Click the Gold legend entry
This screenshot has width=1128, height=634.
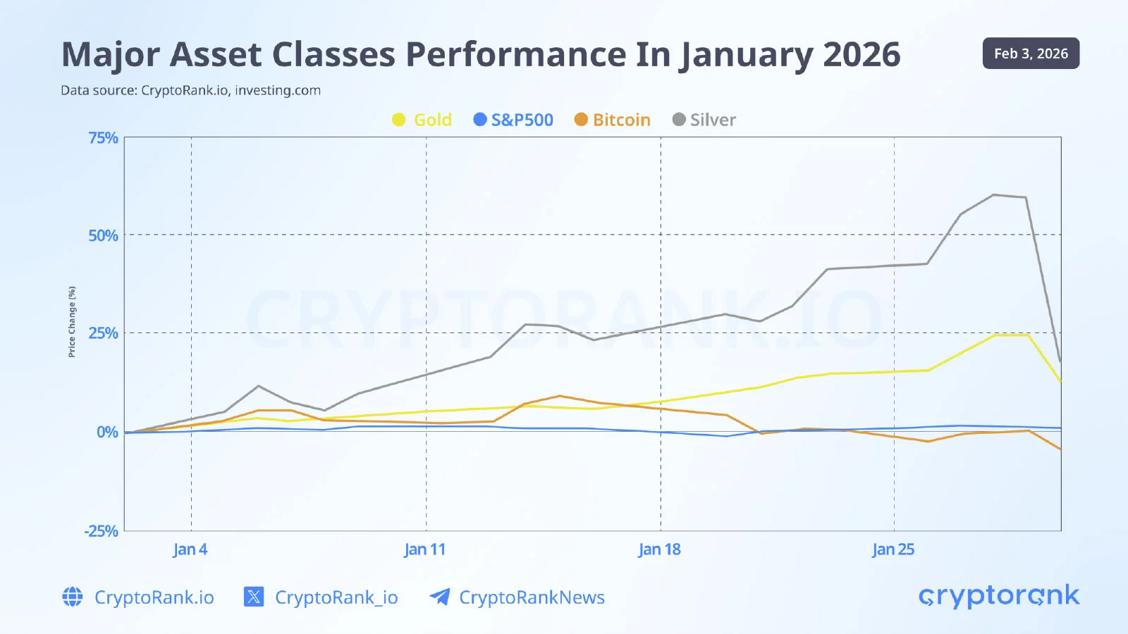pyautogui.click(x=422, y=120)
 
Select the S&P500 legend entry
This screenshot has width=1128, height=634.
pyautogui.click(x=513, y=120)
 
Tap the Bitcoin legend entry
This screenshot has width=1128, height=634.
pyautogui.click(x=613, y=120)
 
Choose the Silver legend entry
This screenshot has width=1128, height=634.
pyautogui.click(x=704, y=120)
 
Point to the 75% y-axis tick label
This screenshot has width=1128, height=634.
pyautogui.click(x=103, y=138)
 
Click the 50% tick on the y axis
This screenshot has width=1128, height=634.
pyautogui.click(x=103, y=235)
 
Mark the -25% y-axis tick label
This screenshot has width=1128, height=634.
pyautogui.click(x=102, y=531)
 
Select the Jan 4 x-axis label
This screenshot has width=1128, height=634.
pyautogui.click(x=190, y=549)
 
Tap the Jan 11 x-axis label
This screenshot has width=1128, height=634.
pyautogui.click(x=425, y=549)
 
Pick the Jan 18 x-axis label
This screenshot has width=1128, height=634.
pyautogui.click(x=660, y=549)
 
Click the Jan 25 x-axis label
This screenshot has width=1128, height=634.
pyautogui.click(x=893, y=549)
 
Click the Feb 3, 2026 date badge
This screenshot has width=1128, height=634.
pyautogui.click(x=1031, y=54)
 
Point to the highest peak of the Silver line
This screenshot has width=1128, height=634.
pyautogui.click(x=993, y=195)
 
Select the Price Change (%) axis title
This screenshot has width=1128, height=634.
pyautogui.click(x=72, y=321)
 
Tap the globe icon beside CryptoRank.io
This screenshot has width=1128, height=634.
pyautogui.click(x=73, y=597)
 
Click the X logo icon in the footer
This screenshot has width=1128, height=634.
pyautogui.click(x=254, y=597)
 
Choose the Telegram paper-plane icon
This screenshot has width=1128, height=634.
pyautogui.click(x=440, y=597)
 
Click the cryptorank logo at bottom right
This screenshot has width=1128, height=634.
pyautogui.click(x=999, y=597)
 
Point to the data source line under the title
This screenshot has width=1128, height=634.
pyautogui.click(x=190, y=90)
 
